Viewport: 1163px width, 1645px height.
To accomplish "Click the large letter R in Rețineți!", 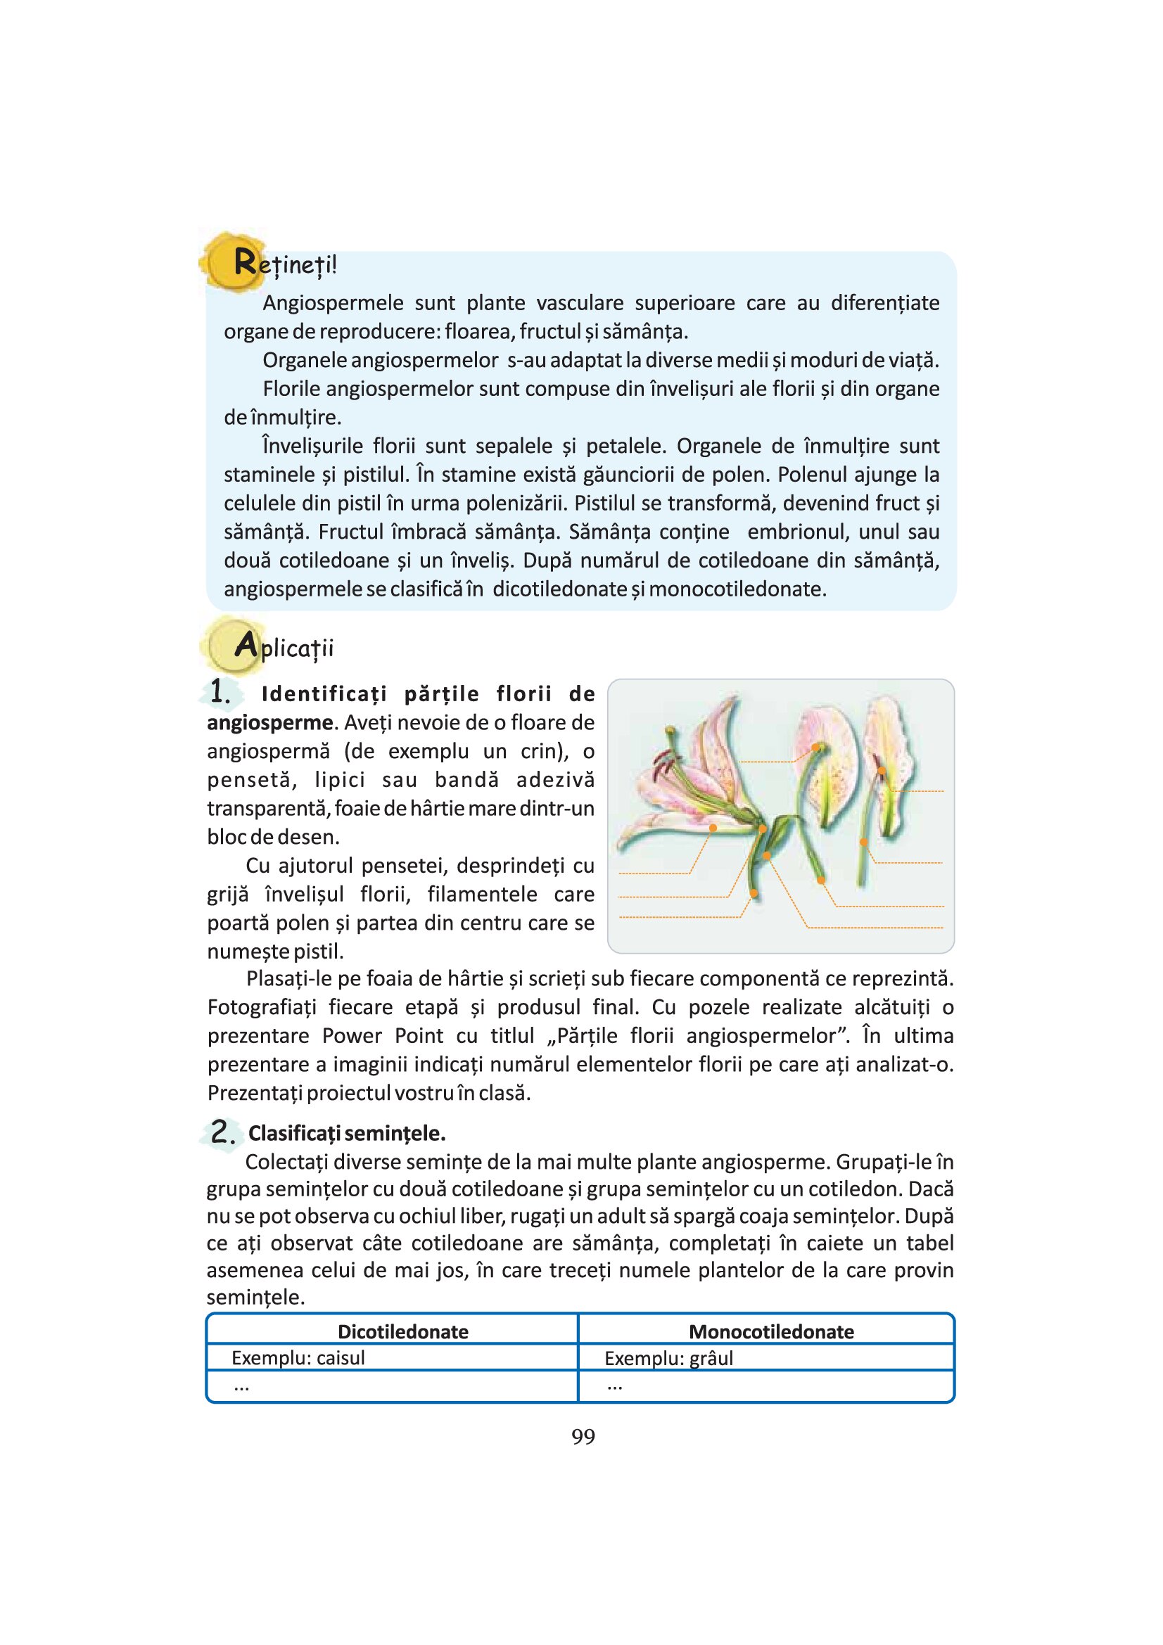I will [x=244, y=263].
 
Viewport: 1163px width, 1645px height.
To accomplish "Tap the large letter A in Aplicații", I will [x=245, y=646].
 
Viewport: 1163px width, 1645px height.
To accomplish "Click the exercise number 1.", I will [x=220, y=692].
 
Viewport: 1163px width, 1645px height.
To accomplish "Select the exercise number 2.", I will [x=223, y=1132].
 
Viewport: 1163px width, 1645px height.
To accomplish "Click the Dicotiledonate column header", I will [x=402, y=1332].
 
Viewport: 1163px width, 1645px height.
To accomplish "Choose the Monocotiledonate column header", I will [x=771, y=1332].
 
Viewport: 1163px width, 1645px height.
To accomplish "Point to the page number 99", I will [x=583, y=1437].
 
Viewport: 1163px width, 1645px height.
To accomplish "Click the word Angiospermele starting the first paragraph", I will [x=333, y=303].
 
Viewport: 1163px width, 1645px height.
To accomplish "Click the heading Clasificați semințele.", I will [x=347, y=1134].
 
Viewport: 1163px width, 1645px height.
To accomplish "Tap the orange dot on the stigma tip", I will [x=815, y=748].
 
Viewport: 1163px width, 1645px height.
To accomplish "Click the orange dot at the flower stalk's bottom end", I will [x=754, y=893].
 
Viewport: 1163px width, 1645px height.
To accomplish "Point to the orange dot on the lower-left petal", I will [x=713, y=828].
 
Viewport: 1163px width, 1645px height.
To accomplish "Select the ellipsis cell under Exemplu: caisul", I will [x=241, y=1386].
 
